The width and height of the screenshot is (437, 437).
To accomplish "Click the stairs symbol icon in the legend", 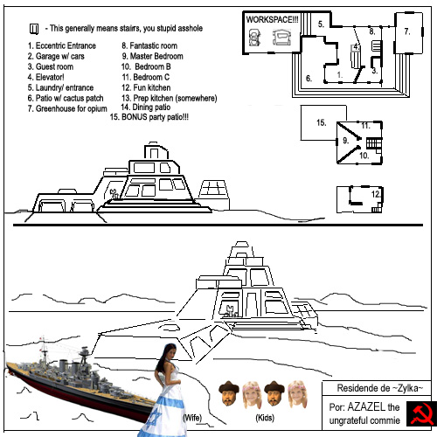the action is point(34,29).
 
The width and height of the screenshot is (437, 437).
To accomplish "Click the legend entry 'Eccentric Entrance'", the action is point(62,45).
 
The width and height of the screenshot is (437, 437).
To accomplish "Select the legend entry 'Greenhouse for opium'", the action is point(67,108).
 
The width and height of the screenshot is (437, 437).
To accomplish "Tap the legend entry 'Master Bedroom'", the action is point(153,56).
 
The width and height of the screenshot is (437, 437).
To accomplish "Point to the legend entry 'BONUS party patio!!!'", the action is point(149,117).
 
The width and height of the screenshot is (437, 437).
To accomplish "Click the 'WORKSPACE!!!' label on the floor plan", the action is point(272,19).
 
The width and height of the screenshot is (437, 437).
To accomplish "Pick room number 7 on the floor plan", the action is point(407,31).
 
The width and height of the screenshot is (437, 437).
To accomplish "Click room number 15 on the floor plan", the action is point(322,122).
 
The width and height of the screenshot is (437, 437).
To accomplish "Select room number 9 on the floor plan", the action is point(345,141).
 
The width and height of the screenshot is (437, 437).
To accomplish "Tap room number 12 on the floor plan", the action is point(375,194).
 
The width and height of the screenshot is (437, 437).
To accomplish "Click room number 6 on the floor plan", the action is point(309,79).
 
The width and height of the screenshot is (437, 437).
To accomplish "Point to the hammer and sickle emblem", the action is point(421,413).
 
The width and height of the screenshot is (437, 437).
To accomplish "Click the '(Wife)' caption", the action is point(192,418).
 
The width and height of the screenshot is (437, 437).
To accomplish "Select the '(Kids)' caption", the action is point(265,418).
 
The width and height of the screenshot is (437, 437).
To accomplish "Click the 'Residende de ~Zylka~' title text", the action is point(380,388).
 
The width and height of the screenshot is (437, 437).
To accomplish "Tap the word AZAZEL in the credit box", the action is point(366,406).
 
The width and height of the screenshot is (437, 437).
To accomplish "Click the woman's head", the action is point(170,351).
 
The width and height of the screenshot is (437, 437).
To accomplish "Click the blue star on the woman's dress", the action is point(154,417).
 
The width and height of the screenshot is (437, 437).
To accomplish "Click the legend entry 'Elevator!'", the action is point(46,77).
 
